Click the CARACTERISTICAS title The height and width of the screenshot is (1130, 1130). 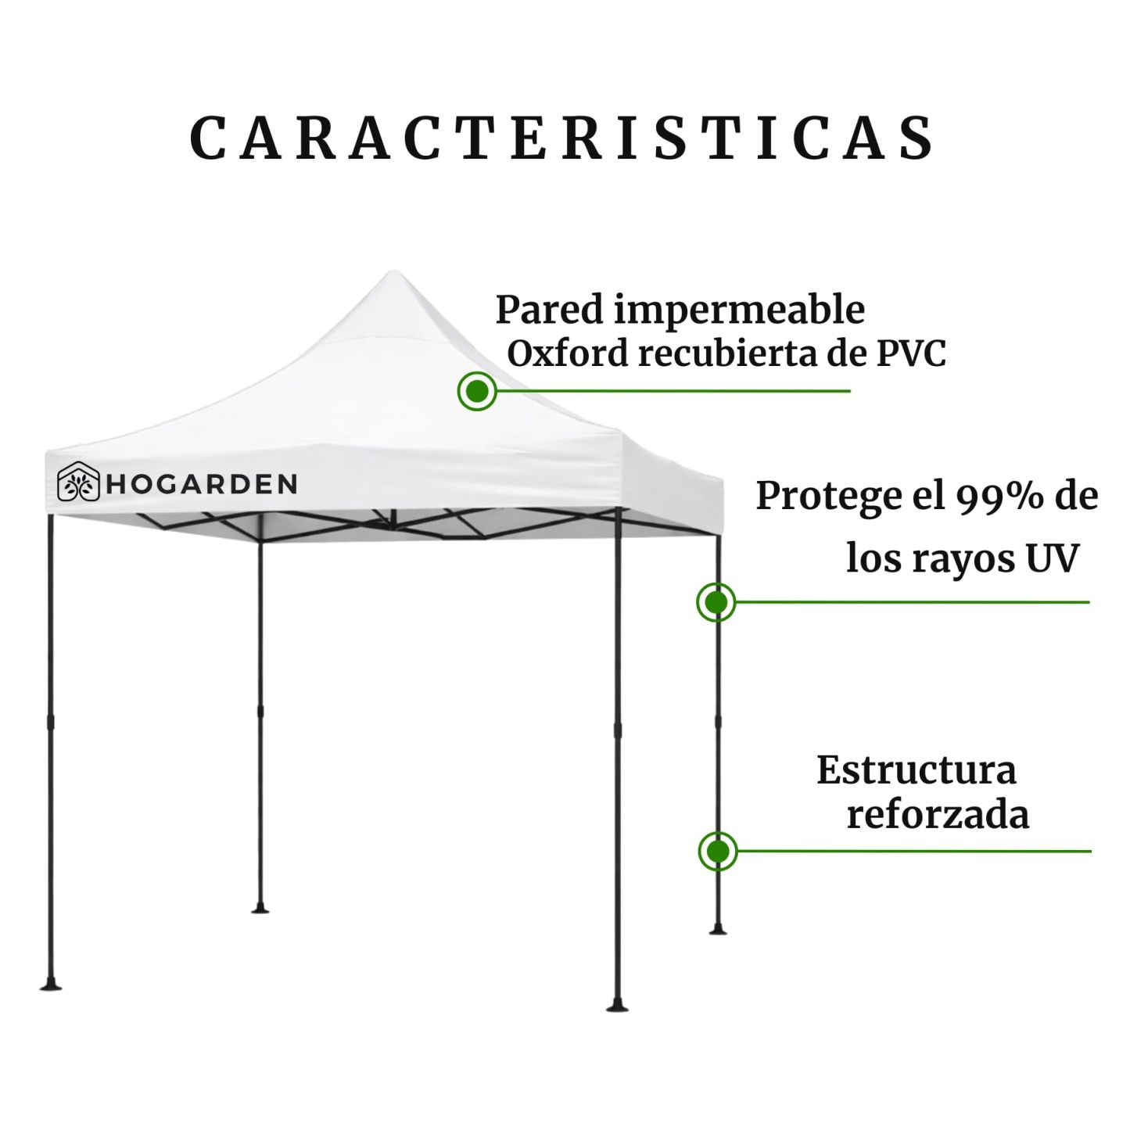tap(561, 139)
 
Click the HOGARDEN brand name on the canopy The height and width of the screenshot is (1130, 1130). tap(202, 484)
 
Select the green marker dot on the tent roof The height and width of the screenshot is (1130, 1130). tap(477, 391)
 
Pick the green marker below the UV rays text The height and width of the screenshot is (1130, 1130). tap(716, 602)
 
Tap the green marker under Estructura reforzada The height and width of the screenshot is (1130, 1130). tap(718, 851)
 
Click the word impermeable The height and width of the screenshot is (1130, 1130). tap(739, 310)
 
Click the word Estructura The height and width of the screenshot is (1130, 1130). tap(917, 770)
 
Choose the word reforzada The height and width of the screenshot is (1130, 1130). tap(938, 815)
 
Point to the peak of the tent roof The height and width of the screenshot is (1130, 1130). tap(393, 271)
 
